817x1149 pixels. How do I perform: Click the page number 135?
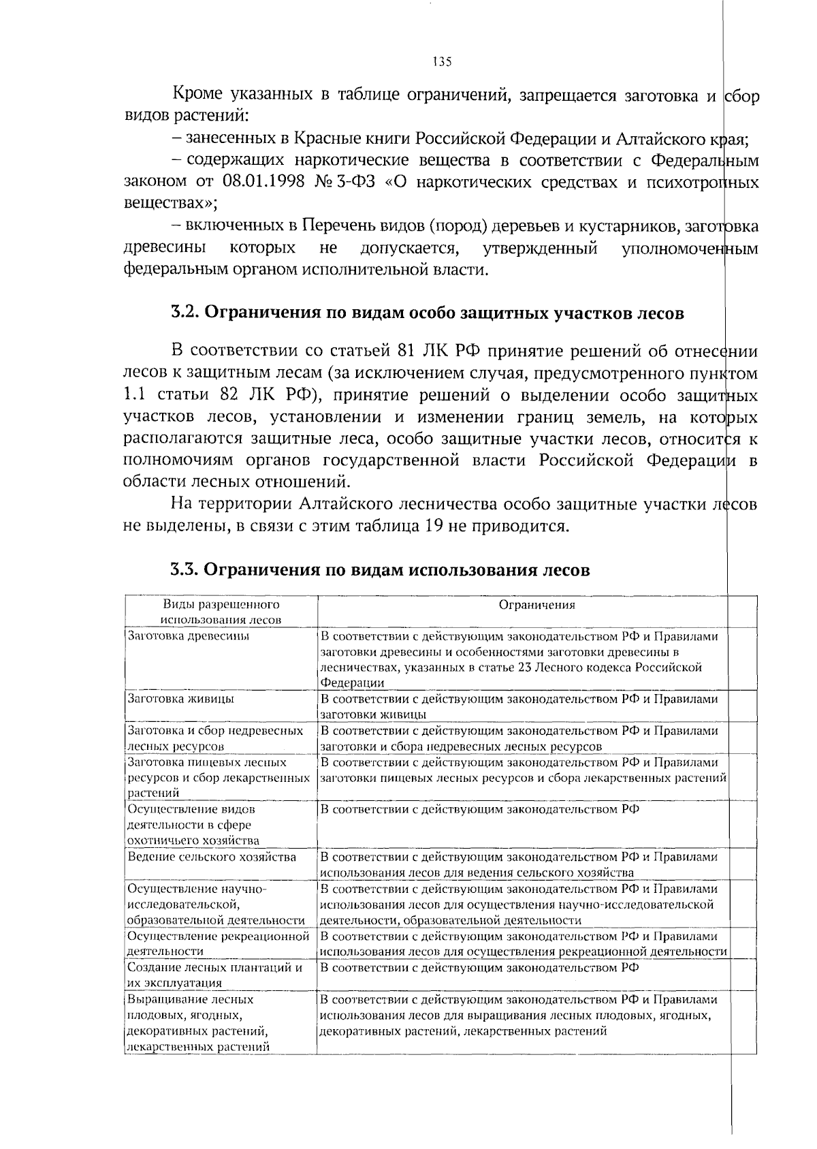pyautogui.click(x=442, y=62)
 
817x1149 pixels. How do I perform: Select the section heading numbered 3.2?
pyautogui.click(x=427, y=313)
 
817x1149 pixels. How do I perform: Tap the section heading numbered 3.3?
pyautogui.click(x=380, y=569)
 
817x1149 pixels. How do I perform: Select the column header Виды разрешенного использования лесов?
pyautogui.click(x=221, y=612)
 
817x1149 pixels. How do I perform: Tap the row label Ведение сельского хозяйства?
pyautogui.click(x=212, y=857)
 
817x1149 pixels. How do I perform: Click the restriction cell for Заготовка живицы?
pyautogui.click(x=519, y=706)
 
